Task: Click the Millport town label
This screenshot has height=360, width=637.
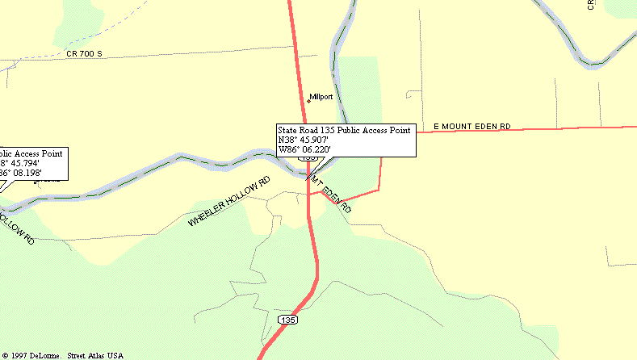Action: click(321, 97)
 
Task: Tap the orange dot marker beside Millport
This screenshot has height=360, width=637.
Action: click(308, 101)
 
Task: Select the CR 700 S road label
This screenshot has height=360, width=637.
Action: click(86, 54)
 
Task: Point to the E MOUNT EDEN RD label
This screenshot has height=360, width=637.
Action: click(472, 127)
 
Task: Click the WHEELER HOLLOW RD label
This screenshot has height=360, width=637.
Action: click(228, 202)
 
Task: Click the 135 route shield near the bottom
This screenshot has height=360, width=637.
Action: click(287, 320)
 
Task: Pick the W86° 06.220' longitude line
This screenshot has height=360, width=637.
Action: click(305, 149)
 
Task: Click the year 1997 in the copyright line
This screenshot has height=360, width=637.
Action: click(21, 355)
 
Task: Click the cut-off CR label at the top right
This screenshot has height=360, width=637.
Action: click(591, 5)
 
